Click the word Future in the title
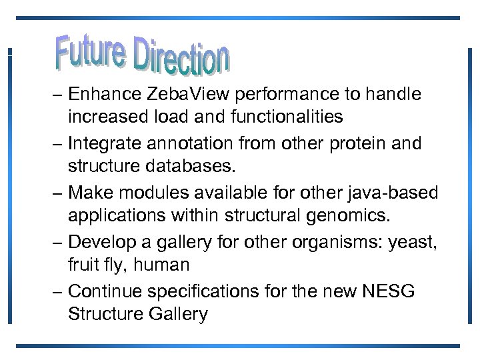point(90,49)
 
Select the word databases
point(201,166)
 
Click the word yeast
point(413,242)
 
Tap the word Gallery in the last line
point(176,313)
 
